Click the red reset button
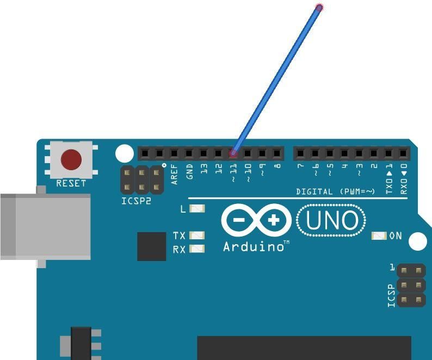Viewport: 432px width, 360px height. [71, 159]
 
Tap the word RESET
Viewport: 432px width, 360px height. [71, 183]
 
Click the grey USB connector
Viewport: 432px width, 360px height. [46, 227]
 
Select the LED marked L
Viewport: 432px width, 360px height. [198, 208]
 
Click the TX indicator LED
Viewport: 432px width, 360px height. [197, 235]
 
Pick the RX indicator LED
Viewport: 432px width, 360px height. [197, 249]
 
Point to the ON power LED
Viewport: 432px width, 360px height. [379, 236]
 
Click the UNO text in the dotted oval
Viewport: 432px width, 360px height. [332, 220]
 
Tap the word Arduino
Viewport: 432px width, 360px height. [254, 246]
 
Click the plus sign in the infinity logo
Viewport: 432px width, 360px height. [274, 220]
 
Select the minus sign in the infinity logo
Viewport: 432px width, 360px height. [239, 220]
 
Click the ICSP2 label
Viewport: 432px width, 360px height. [137, 201]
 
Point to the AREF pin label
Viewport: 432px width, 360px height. [175, 174]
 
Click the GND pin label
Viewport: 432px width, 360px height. [189, 172]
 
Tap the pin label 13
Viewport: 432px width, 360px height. [204, 169]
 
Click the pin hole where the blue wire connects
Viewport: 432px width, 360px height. [233, 153]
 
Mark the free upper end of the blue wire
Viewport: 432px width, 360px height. [319, 8]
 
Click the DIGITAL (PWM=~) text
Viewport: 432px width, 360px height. [336, 191]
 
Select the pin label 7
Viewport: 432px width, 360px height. [300, 166]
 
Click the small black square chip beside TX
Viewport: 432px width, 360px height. [152, 246]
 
